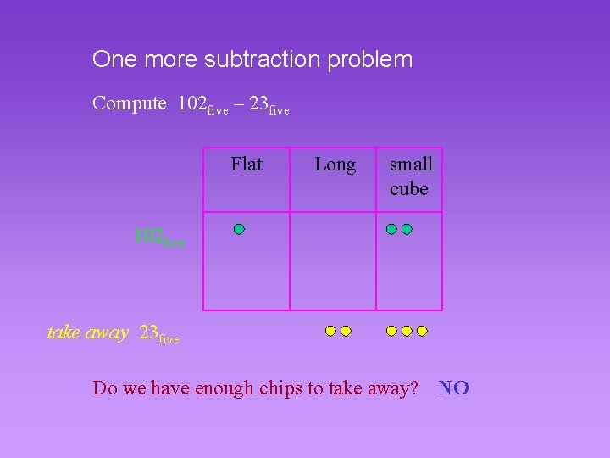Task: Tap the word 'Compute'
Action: tap(130, 103)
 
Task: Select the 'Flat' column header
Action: tap(247, 164)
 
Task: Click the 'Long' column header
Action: tap(335, 164)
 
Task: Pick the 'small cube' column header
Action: tap(410, 176)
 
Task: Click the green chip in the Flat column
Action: tap(240, 229)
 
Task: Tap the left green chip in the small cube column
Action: tap(391, 229)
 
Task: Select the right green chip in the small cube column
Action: tap(407, 229)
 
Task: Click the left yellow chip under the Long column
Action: tap(330, 331)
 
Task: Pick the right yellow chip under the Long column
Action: tap(346, 331)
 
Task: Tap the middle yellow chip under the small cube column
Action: tap(407, 331)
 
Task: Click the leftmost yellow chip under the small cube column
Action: tap(391, 331)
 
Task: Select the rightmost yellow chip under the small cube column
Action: tap(422, 331)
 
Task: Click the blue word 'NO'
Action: tap(454, 388)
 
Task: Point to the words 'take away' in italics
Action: tap(87, 332)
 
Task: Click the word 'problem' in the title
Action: tap(373, 60)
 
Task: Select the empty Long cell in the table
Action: tap(333, 260)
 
